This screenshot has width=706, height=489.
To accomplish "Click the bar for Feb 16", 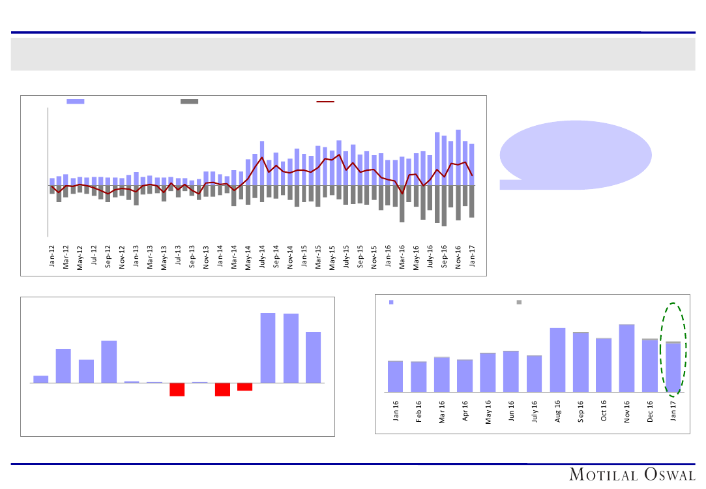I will pyautogui.click(x=419, y=376).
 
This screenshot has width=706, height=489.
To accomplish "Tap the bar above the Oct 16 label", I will pyautogui.click(x=604, y=365).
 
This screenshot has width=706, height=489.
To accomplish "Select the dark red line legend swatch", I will pyautogui.click(x=325, y=102).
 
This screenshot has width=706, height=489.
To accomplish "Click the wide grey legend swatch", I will pyautogui.click(x=189, y=102).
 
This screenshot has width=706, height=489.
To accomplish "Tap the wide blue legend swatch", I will pyautogui.click(x=76, y=102).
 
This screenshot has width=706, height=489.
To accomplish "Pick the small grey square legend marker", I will pyautogui.click(x=519, y=302).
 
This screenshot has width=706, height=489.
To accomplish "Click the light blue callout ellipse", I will pyautogui.click(x=576, y=155).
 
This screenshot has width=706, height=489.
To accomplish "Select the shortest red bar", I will pyautogui.click(x=245, y=387).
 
